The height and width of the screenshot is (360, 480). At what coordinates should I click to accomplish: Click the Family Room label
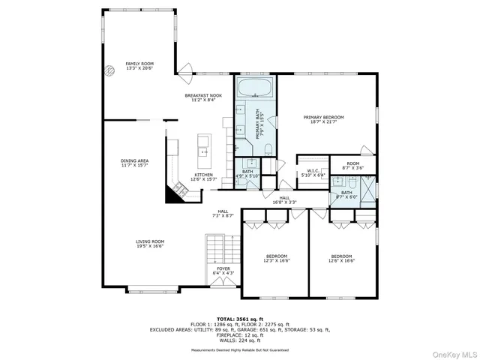(139, 66)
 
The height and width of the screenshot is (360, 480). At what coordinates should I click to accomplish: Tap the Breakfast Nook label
(203, 99)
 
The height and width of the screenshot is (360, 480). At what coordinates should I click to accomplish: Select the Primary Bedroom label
(323, 119)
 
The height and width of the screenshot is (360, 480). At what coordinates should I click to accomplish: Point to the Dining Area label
(134, 163)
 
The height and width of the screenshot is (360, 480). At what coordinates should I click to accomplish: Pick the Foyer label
(223, 271)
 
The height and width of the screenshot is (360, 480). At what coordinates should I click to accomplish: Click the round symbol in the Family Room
(108, 66)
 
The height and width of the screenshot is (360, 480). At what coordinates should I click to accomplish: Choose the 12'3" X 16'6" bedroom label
(277, 259)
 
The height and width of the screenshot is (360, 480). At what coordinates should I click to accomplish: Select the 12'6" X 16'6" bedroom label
(341, 259)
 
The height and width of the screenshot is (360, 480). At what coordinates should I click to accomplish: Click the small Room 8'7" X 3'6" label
(352, 166)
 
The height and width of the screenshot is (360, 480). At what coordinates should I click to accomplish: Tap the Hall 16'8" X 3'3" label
(304, 199)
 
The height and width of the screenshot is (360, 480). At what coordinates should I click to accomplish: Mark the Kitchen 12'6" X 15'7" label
(203, 177)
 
